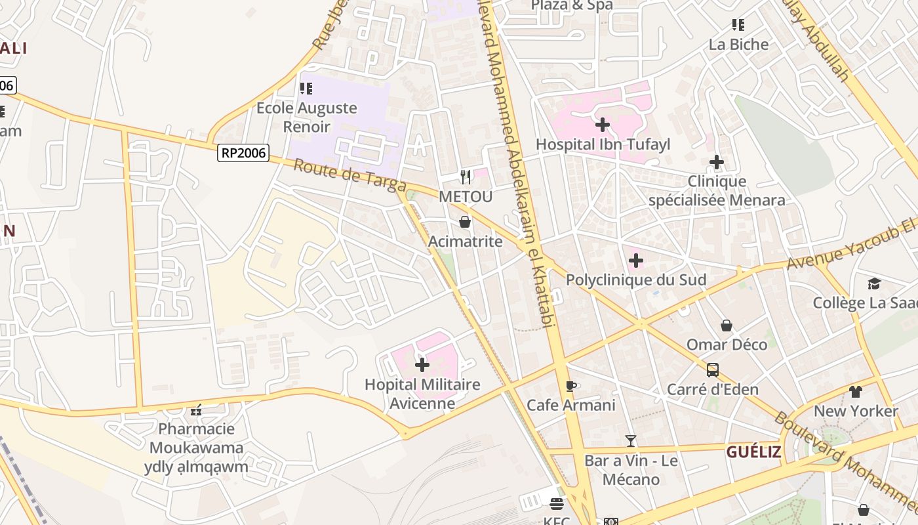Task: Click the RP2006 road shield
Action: tap(243, 153)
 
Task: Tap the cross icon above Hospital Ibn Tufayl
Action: tap(603, 124)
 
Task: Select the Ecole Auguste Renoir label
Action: tap(307, 116)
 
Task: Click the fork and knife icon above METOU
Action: tap(466, 177)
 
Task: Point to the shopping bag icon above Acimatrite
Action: tap(465, 222)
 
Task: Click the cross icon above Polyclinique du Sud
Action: tap(635, 261)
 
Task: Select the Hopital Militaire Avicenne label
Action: tap(422, 394)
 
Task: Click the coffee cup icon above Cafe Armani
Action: tap(571, 385)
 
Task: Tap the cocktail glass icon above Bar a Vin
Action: tap(631, 440)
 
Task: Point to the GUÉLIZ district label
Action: tap(753, 451)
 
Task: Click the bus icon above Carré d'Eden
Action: tap(713, 370)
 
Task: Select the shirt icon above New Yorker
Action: tap(856, 392)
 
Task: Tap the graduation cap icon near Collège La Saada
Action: tap(874, 283)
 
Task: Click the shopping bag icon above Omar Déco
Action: tap(727, 325)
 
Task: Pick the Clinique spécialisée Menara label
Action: tap(717, 190)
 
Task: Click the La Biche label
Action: tap(738, 44)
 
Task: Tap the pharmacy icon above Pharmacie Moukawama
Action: tap(196, 410)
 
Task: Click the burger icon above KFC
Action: tap(557, 504)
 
